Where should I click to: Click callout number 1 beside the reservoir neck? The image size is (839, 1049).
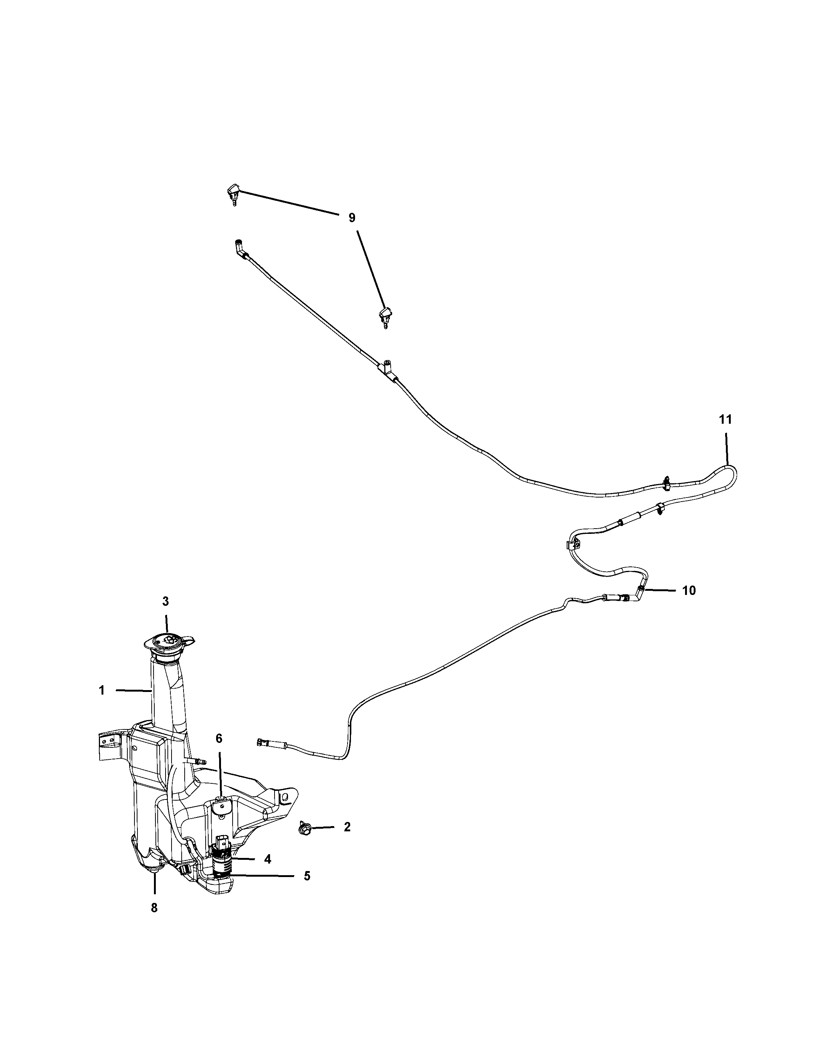(x=102, y=690)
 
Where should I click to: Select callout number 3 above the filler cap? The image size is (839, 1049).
(x=166, y=601)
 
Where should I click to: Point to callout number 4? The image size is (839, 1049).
(x=267, y=859)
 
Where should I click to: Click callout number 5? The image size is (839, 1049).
(x=307, y=876)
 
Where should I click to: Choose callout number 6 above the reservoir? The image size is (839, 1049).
(x=219, y=752)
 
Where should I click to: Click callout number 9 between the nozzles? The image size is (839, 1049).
(x=352, y=218)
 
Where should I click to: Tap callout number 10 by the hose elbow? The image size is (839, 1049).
(x=689, y=591)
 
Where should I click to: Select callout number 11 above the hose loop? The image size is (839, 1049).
(x=725, y=419)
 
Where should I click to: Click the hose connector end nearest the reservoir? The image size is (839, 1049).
(x=262, y=756)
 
